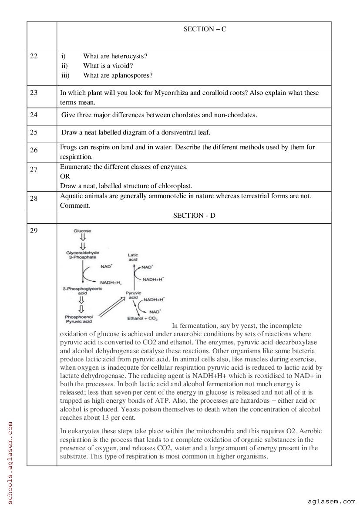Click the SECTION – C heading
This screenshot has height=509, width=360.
click(205, 29)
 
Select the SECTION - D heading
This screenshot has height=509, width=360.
click(194, 216)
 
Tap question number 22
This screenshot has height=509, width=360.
click(34, 56)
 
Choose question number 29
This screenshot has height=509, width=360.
click(34, 231)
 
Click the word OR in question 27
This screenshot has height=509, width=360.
click(65, 176)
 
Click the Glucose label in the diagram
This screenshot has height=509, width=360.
click(82, 231)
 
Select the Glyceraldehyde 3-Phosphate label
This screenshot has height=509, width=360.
click(82, 255)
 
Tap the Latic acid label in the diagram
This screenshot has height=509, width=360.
click(133, 257)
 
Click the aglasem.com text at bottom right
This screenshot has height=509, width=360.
click(331, 501)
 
